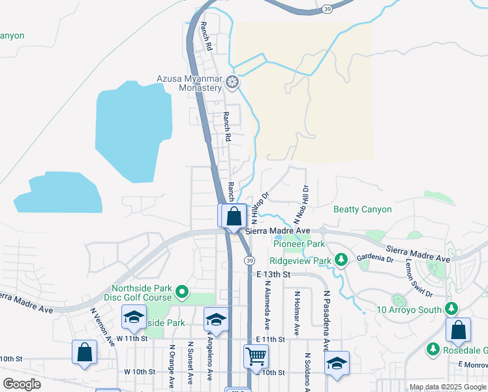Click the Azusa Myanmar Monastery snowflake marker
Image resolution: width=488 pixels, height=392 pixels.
coord(233,83)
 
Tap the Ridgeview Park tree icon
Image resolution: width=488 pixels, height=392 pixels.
coord(341,260)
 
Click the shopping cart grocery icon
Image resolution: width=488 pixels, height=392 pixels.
coord(256,356)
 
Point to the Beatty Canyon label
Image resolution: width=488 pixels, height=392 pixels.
coord(362,210)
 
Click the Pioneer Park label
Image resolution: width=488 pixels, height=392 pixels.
coord(299,244)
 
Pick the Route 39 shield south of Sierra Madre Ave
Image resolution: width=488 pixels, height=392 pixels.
coord(249,261)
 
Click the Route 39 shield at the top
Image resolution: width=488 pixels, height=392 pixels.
coord(327,8)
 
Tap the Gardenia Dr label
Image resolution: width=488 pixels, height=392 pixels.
coord(375,259)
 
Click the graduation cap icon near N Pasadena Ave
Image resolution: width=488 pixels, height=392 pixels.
coord(337,363)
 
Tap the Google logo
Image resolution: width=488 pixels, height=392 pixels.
coord(22,384)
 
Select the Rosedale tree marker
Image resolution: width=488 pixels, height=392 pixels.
coord(433,350)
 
